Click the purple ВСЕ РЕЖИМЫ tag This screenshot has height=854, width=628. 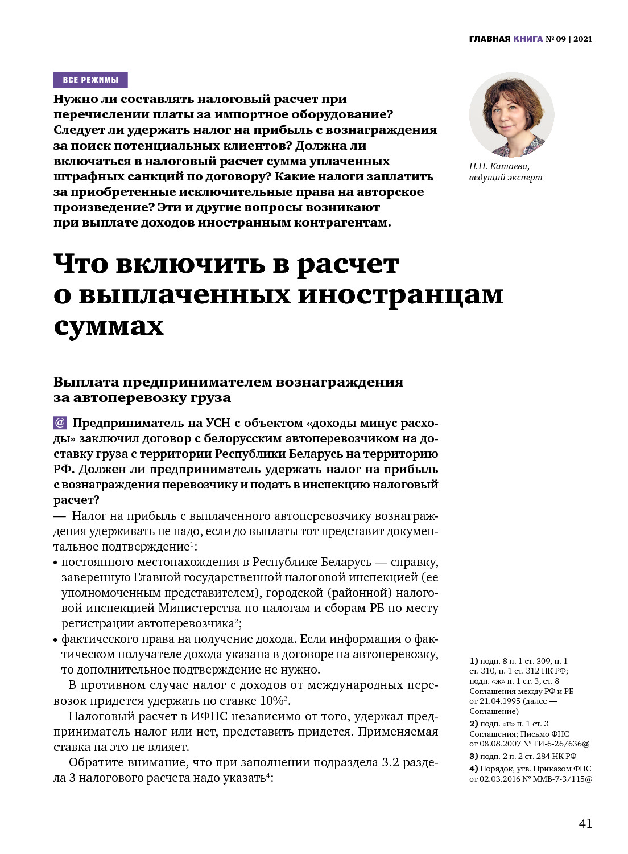pyautogui.click(x=90, y=80)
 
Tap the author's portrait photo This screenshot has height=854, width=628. pyautogui.click(x=511, y=114)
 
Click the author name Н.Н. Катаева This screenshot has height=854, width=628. pyautogui.click(x=499, y=166)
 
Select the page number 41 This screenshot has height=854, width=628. pyautogui.click(x=585, y=823)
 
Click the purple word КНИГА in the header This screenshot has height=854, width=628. pyautogui.click(x=527, y=39)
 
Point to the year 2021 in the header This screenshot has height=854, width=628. pyautogui.click(x=582, y=39)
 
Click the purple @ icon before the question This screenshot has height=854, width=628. pyautogui.click(x=60, y=422)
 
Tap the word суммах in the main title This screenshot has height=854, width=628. pyautogui.click(x=109, y=326)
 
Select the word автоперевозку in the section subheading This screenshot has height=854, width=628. pyautogui.click(x=152, y=397)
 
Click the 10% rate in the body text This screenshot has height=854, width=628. pyautogui.click(x=271, y=700)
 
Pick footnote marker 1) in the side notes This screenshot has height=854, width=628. pyautogui.click(x=474, y=661)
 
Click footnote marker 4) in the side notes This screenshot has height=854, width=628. pyautogui.click(x=474, y=769)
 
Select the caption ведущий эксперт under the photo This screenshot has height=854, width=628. pyautogui.click(x=506, y=178)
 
